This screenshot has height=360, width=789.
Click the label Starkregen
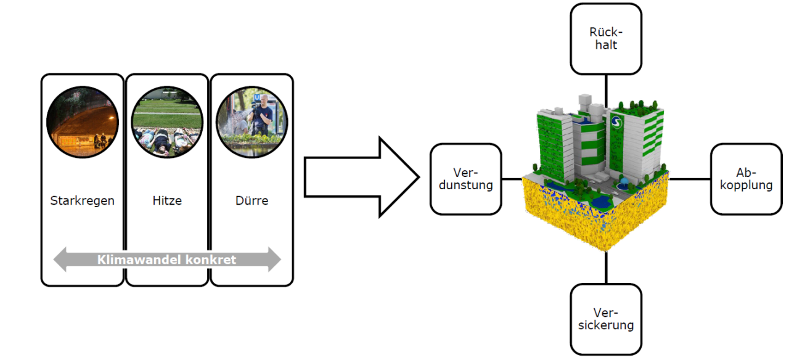[82, 201]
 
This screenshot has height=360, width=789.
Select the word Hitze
[167, 201]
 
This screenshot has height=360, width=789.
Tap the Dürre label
[251, 201]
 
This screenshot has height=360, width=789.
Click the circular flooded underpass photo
[83, 123]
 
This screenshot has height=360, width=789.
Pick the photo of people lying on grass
[167, 123]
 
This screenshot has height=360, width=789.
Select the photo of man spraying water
[251, 123]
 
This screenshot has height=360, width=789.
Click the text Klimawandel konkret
[166, 260]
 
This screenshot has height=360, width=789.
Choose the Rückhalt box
[606, 39]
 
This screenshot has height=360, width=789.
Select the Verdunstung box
[465, 179]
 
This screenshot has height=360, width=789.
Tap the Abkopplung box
[746, 179]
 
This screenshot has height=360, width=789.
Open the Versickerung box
[606, 319]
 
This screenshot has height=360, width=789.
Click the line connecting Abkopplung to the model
[690, 179]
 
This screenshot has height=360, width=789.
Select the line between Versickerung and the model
[606, 268]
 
